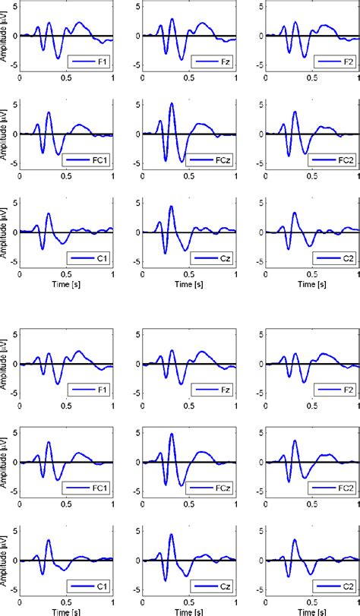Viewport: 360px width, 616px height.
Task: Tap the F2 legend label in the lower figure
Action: click(x=347, y=390)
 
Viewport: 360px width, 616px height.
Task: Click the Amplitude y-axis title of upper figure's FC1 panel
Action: click(x=5, y=134)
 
